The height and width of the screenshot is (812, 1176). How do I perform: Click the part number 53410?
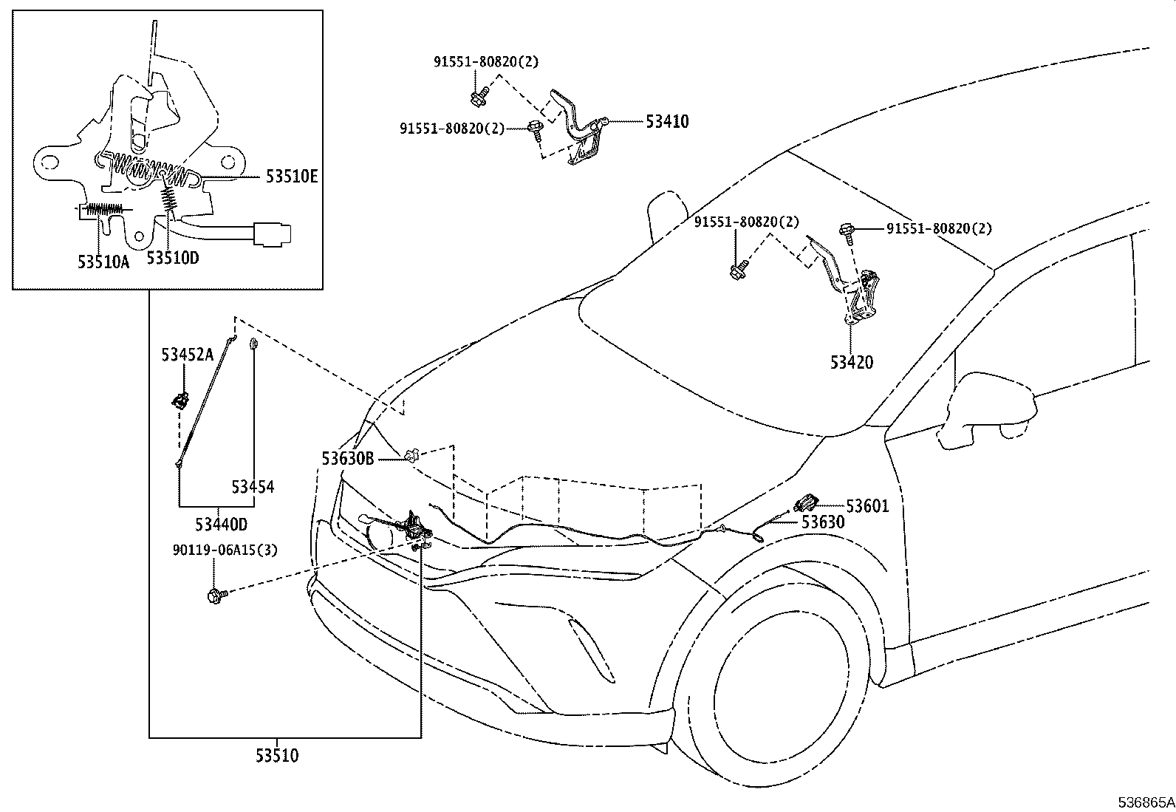coord(667,121)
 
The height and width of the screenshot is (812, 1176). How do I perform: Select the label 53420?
coord(851,363)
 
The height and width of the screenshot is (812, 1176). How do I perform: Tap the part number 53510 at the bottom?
coord(277,757)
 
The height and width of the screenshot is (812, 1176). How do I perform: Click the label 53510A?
coord(103,262)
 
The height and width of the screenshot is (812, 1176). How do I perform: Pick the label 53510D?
coord(172,258)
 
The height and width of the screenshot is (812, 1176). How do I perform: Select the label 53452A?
coord(187,355)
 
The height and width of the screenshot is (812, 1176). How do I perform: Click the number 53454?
coord(252,487)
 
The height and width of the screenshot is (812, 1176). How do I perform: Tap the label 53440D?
coord(221,525)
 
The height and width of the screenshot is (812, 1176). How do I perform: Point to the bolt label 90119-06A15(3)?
coord(215,550)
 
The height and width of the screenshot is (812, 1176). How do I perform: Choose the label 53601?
coord(867,506)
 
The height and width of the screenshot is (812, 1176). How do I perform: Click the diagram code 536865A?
coord(1145,802)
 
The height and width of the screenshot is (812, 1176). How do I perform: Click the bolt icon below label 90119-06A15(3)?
coord(216,593)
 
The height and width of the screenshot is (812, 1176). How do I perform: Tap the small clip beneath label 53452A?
coord(180,401)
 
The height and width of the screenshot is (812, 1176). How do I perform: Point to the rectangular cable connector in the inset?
coord(271,233)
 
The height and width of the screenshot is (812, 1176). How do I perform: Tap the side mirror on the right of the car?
coord(990,410)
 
